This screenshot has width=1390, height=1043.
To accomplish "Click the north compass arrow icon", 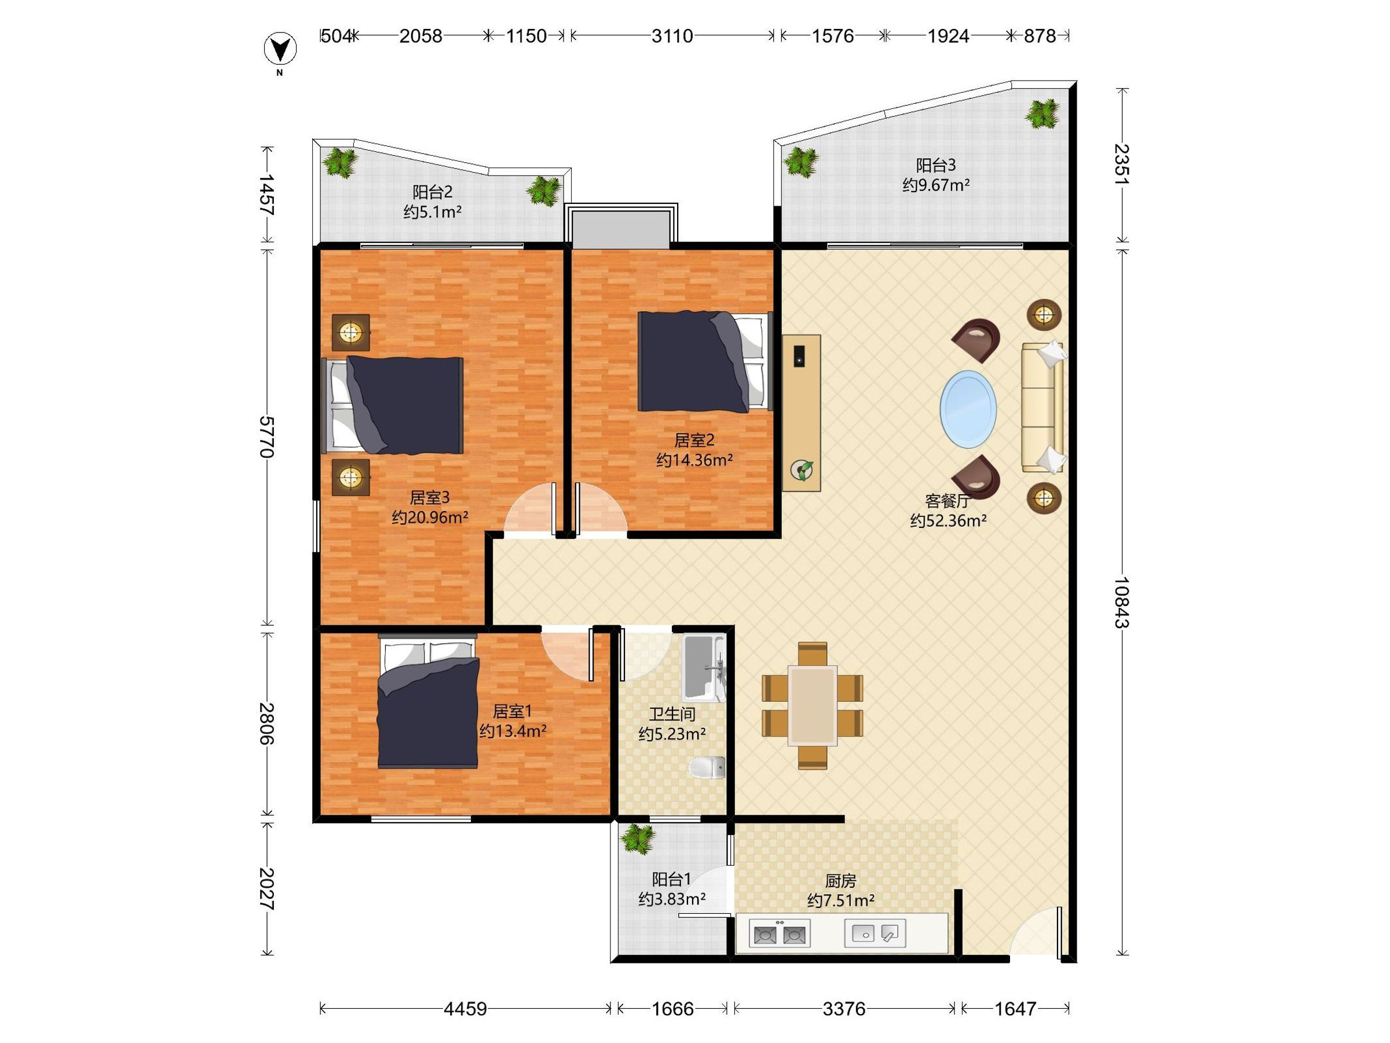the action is [x=280, y=49].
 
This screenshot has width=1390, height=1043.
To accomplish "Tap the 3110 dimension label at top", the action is [x=672, y=36].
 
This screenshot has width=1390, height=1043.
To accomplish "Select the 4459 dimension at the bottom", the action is [x=465, y=1009].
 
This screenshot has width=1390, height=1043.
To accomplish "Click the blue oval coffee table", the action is [x=968, y=409].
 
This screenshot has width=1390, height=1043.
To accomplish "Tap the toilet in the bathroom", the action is [x=708, y=767].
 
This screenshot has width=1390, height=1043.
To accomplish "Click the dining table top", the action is [x=813, y=705].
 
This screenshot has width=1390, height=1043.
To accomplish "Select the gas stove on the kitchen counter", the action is [x=779, y=933].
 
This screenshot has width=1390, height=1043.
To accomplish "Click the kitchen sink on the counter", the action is [x=875, y=933].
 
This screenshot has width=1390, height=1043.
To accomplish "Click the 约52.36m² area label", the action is [x=948, y=520].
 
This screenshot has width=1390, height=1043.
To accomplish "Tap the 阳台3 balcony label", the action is [x=936, y=165].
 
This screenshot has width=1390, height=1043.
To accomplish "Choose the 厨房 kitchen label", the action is [x=840, y=881].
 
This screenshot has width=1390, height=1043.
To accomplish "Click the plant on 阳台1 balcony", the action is [x=638, y=838].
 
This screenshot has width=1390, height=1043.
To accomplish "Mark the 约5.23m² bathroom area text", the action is [x=672, y=734].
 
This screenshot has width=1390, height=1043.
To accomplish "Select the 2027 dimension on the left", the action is [x=267, y=889].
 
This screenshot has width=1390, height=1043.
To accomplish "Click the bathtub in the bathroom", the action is [x=704, y=667].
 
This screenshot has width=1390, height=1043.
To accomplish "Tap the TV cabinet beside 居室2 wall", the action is [x=801, y=413].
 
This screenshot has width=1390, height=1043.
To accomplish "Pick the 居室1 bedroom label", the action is [x=512, y=711].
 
